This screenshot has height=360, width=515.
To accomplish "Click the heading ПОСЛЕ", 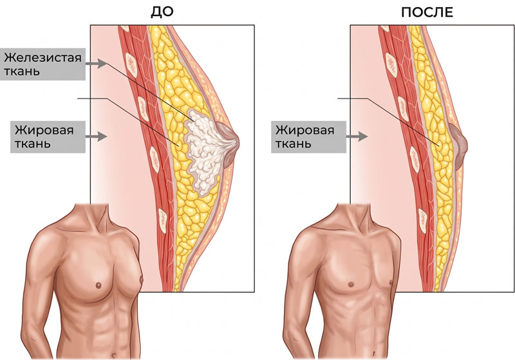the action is point(427,12).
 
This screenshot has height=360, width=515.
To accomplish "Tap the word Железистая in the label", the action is point(42,58).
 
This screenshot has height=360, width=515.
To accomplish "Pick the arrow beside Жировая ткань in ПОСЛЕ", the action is point(357,137).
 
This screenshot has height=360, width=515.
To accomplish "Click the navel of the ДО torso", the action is point(113,355).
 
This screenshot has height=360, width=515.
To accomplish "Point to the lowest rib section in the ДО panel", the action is point(163,217).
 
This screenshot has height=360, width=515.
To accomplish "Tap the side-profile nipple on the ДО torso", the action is point(142,280).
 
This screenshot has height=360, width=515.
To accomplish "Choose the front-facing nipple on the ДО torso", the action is point(98,285).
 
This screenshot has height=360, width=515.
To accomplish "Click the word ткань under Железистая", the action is point(22,71).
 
